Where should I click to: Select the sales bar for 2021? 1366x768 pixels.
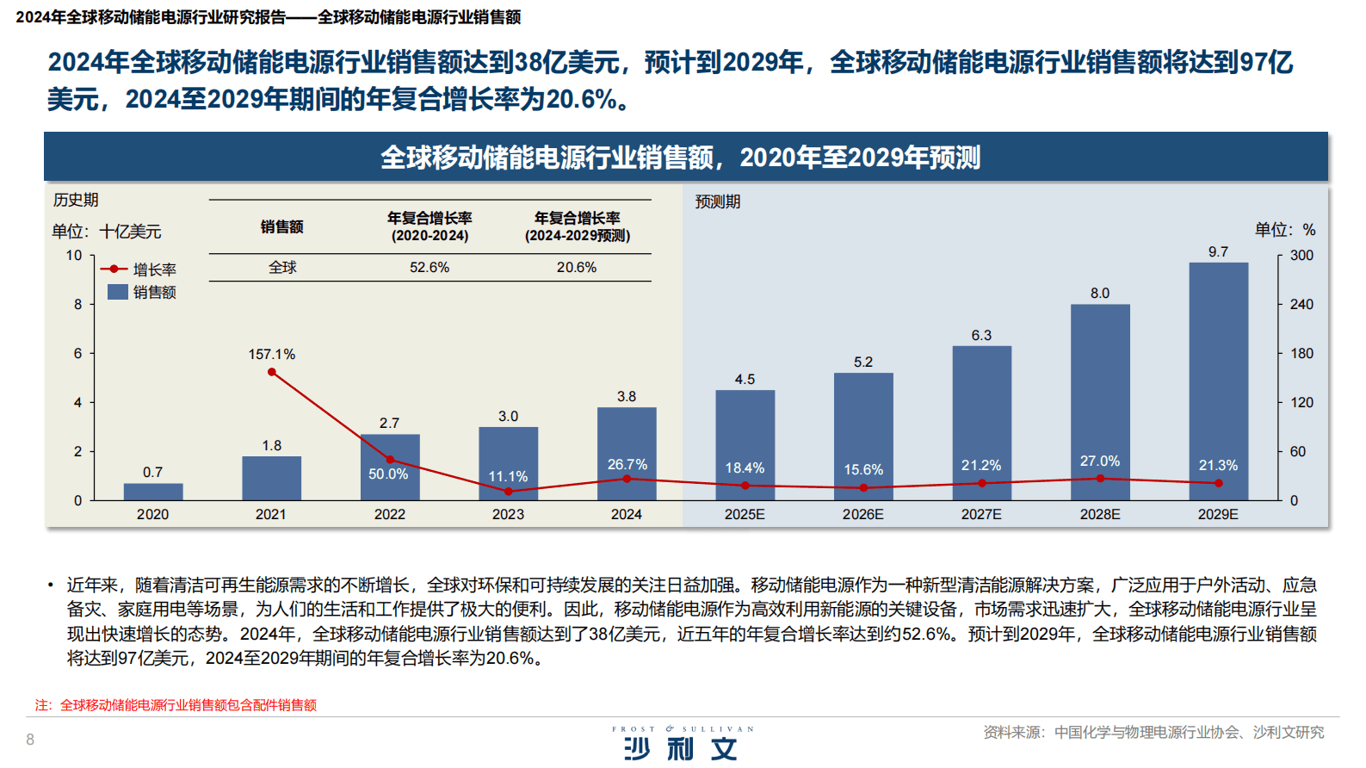[271, 479]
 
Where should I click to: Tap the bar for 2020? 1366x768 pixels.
[153, 492]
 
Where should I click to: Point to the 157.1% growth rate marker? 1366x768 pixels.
[272, 372]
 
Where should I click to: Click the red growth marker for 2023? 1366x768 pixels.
[508, 492]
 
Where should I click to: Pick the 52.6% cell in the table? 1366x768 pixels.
[430, 268]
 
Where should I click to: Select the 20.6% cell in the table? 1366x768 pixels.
[577, 268]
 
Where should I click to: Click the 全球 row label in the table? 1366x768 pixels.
[282, 268]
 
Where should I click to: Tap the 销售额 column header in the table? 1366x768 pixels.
[282, 226]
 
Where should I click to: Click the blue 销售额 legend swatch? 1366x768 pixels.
[118, 292]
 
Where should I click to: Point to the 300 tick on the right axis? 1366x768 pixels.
[1301, 256]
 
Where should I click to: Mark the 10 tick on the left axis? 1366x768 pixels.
[74, 256]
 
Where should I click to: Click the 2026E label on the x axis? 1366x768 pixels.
[862, 515]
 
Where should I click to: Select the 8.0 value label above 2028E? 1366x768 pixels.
[1100, 294]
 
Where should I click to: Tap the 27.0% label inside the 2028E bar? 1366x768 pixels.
[1100, 461]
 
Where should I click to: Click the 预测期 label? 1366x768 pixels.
[718, 201]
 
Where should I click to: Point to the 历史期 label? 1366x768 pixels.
[76, 200]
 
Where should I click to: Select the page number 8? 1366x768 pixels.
[30, 740]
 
